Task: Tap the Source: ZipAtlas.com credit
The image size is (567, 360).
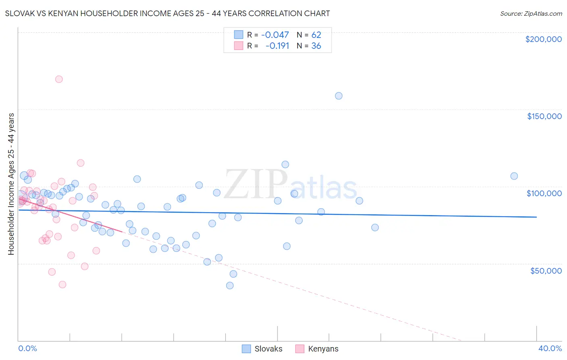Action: [x=531, y=14]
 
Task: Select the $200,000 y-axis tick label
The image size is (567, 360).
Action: [x=543, y=39]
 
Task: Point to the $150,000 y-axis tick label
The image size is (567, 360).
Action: [x=544, y=116]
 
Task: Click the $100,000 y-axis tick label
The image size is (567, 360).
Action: [x=544, y=193]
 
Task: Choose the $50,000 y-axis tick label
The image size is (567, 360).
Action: [x=546, y=270]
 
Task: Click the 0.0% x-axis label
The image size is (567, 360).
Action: [x=27, y=348]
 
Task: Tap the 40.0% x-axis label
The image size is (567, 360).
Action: [x=550, y=348]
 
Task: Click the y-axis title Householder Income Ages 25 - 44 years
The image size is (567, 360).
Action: [x=11, y=184]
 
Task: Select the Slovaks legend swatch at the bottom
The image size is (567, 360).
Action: [x=246, y=349]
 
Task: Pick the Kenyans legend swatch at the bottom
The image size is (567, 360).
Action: [x=300, y=349]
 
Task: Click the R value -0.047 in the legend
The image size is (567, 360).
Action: [x=275, y=35]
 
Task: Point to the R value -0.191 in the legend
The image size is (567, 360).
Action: [x=277, y=46]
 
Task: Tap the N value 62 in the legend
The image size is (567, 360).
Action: [x=316, y=35]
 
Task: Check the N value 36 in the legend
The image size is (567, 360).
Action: [x=316, y=46]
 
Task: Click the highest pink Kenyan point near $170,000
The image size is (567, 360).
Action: [x=59, y=79]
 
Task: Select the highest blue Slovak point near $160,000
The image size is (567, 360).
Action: [x=339, y=96]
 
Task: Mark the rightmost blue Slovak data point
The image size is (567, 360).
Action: [x=514, y=176]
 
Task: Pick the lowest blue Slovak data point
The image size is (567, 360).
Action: [x=230, y=285]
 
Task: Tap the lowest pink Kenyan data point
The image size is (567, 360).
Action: [x=63, y=285]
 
